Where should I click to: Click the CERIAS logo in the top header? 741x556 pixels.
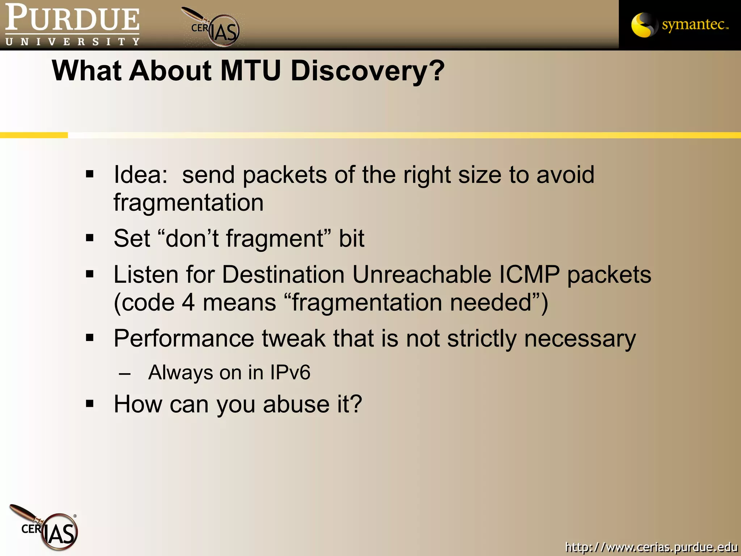point(213,28)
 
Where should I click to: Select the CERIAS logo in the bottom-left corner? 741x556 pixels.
point(45,528)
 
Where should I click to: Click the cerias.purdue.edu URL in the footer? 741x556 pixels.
point(651,546)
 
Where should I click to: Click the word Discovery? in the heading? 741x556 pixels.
point(367,71)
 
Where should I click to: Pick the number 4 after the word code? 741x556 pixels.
point(188,303)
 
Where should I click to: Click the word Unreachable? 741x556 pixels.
point(422,274)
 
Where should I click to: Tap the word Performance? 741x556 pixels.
point(184,338)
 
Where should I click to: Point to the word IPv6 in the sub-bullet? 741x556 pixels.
point(290,372)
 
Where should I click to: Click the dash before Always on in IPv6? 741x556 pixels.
point(124,373)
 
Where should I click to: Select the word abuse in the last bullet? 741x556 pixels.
point(296,404)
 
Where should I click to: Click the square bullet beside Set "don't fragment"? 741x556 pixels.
point(90,238)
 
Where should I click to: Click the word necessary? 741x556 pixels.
point(580,338)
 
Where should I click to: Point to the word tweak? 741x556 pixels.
point(293,338)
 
